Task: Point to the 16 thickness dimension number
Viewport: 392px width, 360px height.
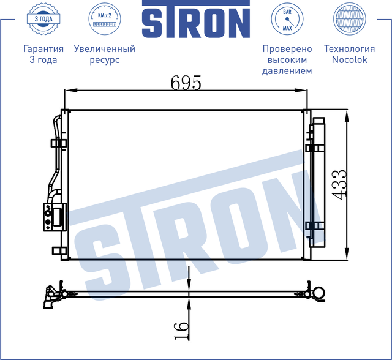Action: tap(181, 330)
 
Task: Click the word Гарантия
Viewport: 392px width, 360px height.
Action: tap(43, 49)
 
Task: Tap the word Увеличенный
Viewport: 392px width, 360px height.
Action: tap(104, 49)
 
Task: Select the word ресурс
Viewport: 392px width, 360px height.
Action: tap(104, 60)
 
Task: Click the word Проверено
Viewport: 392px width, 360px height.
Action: tap(287, 49)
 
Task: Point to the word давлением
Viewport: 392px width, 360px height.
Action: tap(287, 71)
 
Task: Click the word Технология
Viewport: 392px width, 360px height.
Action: tap(349, 49)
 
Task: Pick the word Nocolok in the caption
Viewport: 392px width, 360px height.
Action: tap(349, 60)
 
